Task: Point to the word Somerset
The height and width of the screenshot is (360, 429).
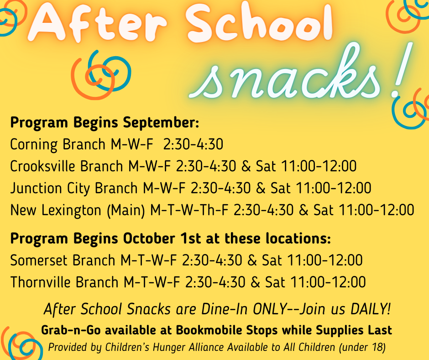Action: click(x=40, y=260)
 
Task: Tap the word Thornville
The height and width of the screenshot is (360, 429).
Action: click(x=41, y=282)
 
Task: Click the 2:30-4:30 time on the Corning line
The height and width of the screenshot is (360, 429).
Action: click(x=193, y=144)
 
